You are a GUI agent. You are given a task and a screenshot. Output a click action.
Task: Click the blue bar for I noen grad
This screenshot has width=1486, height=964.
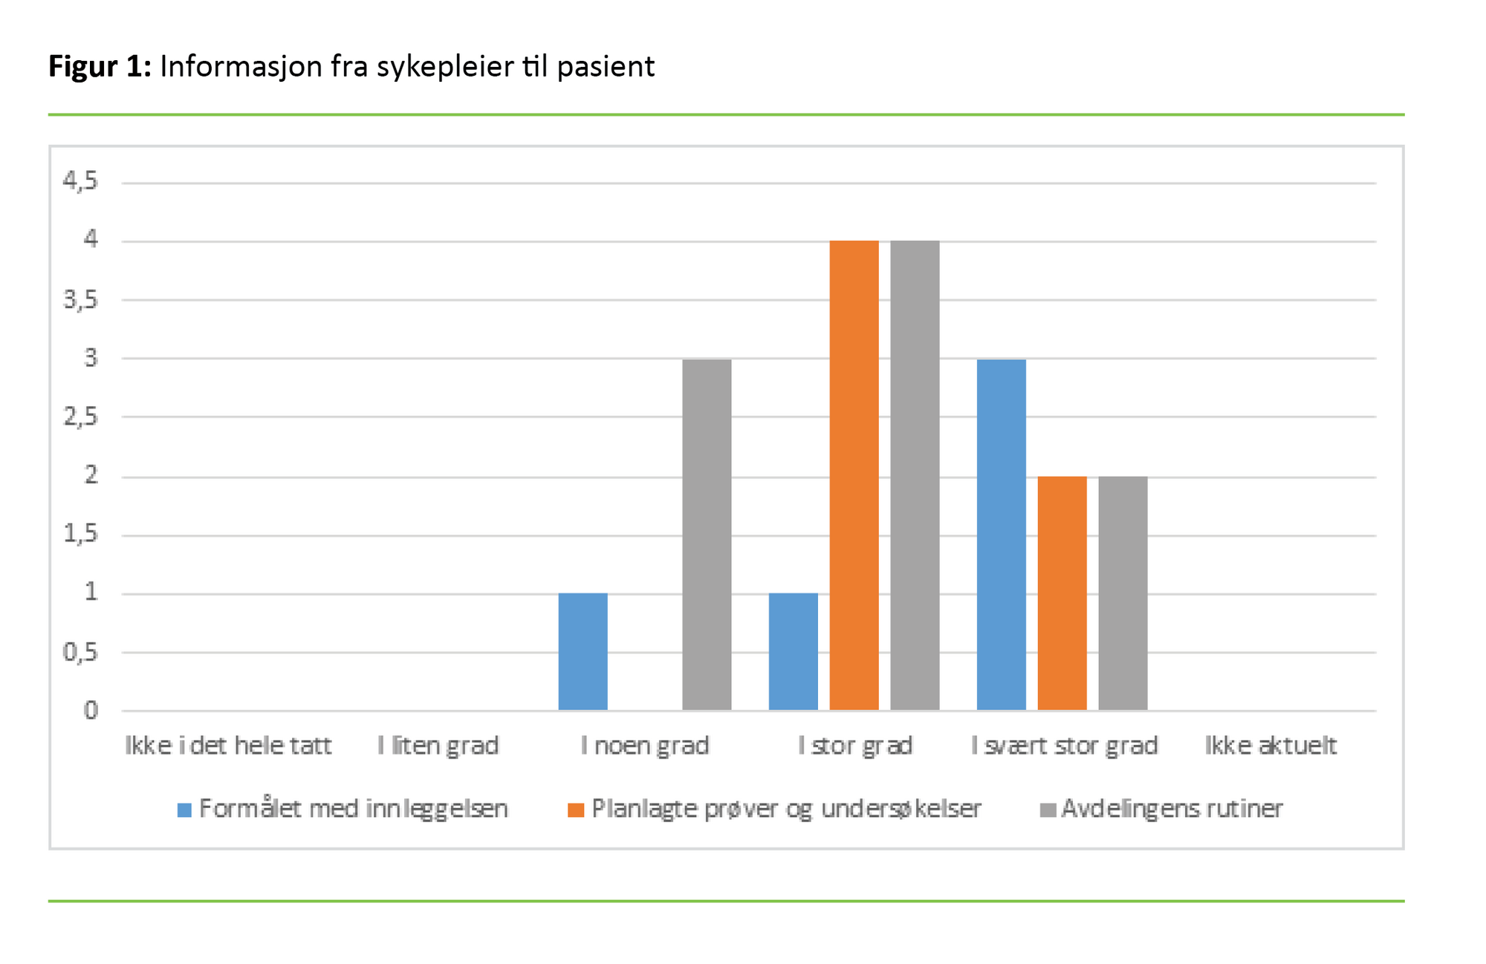(583, 651)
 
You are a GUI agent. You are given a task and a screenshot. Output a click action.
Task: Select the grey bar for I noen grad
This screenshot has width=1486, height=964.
(707, 535)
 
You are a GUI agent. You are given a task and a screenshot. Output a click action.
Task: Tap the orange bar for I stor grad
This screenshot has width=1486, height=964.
(854, 475)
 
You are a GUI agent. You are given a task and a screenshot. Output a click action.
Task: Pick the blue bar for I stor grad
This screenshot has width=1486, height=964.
(793, 651)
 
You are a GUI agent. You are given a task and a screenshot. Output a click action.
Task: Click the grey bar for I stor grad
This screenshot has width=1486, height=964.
(915, 475)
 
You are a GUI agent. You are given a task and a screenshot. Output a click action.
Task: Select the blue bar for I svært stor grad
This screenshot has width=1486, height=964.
(1001, 535)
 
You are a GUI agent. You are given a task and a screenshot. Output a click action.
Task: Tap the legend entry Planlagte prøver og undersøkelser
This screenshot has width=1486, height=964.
(775, 808)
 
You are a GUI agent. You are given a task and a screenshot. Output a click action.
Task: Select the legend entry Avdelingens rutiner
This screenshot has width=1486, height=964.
(1162, 808)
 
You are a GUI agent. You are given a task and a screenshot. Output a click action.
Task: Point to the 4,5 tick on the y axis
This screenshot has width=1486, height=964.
(80, 180)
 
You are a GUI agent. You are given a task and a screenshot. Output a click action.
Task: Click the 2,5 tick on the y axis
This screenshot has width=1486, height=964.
(80, 417)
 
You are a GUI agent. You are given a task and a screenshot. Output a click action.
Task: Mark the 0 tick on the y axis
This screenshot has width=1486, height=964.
(91, 711)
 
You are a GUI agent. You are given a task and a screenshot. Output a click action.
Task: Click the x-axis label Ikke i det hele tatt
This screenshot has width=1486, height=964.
(228, 745)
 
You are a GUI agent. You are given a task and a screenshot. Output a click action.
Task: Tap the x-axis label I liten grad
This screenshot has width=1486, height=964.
(438, 745)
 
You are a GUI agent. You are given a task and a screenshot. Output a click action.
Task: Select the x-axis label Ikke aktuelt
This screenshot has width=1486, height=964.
(1271, 745)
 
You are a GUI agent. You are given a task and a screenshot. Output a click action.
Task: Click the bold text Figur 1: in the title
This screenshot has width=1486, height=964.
(100, 67)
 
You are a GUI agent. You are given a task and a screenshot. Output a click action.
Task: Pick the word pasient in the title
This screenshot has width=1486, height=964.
(606, 67)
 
